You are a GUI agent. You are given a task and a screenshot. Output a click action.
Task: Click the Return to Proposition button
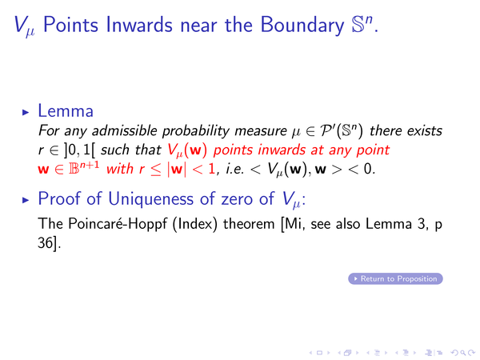pyautogui.click(x=395, y=278)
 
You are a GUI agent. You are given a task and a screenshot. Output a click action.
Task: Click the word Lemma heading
pyautogui.click(x=66, y=110)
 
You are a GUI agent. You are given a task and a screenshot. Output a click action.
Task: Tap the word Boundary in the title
pyautogui.click(x=302, y=25)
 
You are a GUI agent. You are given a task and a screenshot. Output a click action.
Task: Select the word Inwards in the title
pyautogui.click(x=139, y=25)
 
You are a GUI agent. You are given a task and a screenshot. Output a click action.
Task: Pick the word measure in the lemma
pyautogui.click(x=261, y=132)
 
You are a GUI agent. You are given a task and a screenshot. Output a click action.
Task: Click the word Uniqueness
pyautogui.click(x=150, y=198)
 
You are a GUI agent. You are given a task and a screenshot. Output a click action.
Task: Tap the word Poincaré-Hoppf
pyautogui.click(x=118, y=224)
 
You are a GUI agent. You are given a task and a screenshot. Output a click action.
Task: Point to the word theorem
pyautogui.click(x=249, y=224)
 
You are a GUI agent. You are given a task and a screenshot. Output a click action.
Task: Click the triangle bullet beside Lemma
pyautogui.click(x=26, y=112)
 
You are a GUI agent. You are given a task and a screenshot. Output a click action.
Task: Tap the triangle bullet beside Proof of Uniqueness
pyautogui.click(x=26, y=200)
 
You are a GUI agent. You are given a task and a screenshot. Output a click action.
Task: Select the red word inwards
pyautogui.click(x=282, y=150)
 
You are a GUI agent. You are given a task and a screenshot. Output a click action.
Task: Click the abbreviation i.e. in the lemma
pyautogui.click(x=234, y=169)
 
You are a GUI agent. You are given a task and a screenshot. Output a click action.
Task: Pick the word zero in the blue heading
pyautogui.click(x=238, y=199)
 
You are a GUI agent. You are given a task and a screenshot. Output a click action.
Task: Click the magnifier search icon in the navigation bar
pyautogui.click(x=463, y=353)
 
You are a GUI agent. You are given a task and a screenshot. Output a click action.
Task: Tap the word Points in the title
pyautogui.click(x=70, y=25)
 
